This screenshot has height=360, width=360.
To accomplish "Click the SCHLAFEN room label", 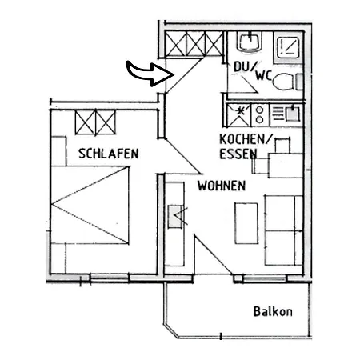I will [109, 153].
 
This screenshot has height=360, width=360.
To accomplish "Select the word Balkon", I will [273, 311].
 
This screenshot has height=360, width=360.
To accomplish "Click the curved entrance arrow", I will [149, 74].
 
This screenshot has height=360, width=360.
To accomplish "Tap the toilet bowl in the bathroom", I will [297, 82].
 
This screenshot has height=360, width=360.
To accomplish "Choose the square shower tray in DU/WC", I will [289, 46].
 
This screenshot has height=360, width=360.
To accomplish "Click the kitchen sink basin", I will [292, 114].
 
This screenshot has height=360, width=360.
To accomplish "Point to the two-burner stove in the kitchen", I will [263, 114].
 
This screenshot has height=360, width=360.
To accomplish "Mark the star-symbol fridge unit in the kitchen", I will [239, 113].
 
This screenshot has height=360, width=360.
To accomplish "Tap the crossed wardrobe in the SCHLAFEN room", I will [96, 122].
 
